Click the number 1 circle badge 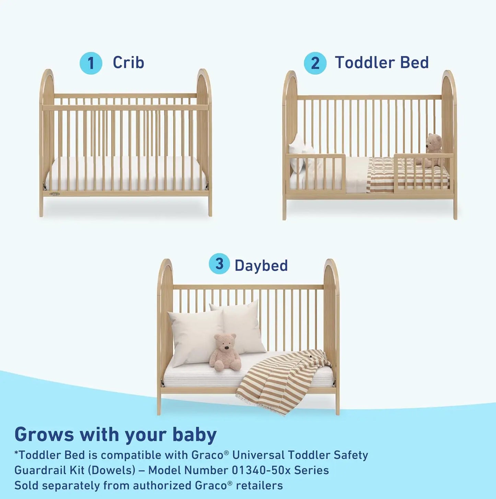pyautogui.click(x=91, y=63)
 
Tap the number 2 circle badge pyautogui.click(x=315, y=63)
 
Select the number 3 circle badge pyautogui.click(x=219, y=264)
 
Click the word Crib pyautogui.click(x=128, y=63)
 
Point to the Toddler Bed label pyautogui.click(x=382, y=63)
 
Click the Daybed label pyautogui.click(x=261, y=266)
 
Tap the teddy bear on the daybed pyautogui.click(x=225, y=353)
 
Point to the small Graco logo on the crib pyautogui.click(x=55, y=194)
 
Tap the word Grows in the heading pyautogui.click(x=44, y=435)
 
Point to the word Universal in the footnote pyautogui.click(x=258, y=455)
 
